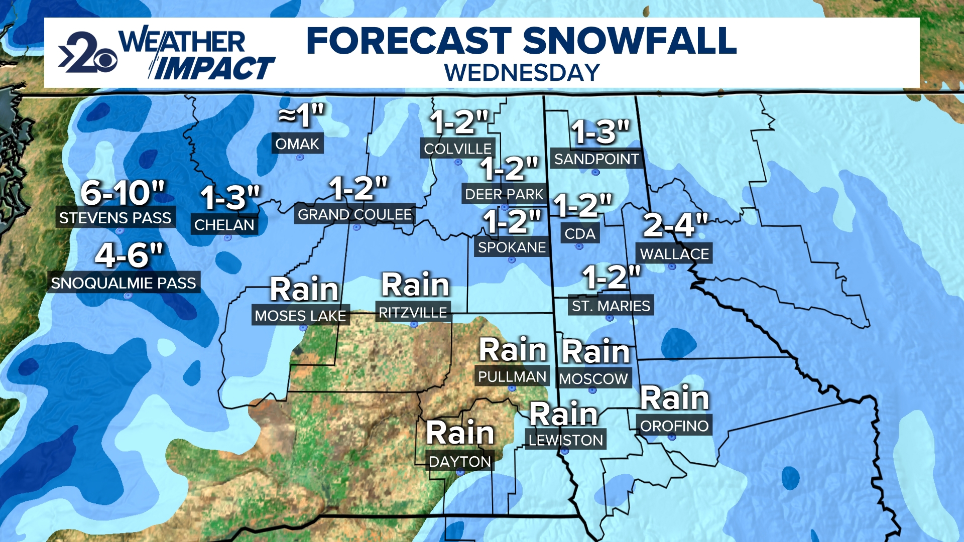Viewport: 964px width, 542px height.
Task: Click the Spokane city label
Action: click(512, 247)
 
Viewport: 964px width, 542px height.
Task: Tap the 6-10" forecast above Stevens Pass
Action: click(123, 193)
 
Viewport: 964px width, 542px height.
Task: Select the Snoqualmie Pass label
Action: click(124, 283)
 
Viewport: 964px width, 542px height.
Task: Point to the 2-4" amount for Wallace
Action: click(675, 225)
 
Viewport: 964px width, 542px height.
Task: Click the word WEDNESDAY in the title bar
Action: click(522, 73)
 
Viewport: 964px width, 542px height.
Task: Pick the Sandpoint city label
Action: click(596, 159)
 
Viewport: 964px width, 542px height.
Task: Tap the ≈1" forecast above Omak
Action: click(301, 116)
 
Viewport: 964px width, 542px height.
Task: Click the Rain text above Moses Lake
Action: click(304, 290)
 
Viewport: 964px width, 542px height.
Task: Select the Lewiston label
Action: click(565, 440)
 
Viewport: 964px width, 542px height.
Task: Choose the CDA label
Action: click(579, 234)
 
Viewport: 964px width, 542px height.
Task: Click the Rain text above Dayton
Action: click(460, 433)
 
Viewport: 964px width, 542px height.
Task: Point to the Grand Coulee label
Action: click(354, 215)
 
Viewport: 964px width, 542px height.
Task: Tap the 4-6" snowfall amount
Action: click(129, 255)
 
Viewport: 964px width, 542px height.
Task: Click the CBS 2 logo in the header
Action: click(88, 53)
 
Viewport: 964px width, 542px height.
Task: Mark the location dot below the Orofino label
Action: click(672, 438)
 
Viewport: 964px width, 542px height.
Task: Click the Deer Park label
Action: click(504, 194)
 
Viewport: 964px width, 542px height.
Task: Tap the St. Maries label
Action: click(611, 306)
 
